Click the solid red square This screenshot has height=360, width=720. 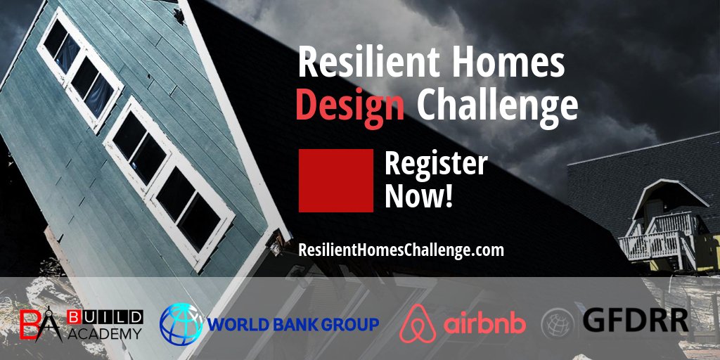tap(335, 180)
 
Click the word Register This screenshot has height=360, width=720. tap(435, 164)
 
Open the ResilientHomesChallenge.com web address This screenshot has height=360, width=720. tap(401, 250)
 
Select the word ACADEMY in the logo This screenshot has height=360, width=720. tap(106, 333)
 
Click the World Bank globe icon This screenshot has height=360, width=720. tap(181, 323)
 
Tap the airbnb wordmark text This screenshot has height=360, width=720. tap(484, 323)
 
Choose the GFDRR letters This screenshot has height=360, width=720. tap(635, 320)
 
